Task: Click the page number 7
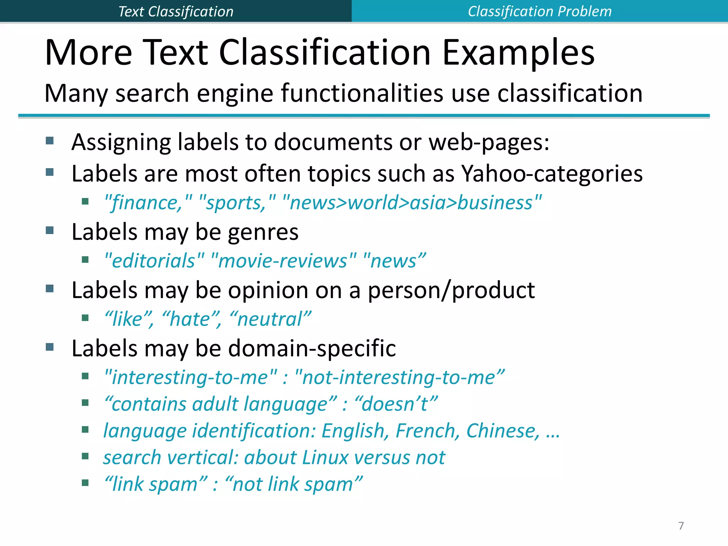(x=681, y=525)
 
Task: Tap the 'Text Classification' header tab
(x=176, y=11)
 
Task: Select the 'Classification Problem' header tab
(x=540, y=11)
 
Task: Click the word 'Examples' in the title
(x=518, y=53)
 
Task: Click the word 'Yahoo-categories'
(x=552, y=174)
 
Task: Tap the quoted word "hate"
(x=190, y=319)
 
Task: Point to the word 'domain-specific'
(x=312, y=348)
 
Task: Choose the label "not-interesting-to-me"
(x=400, y=377)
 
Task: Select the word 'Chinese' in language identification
(x=503, y=431)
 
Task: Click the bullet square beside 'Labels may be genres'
(x=50, y=230)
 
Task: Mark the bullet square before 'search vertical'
(x=85, y=456)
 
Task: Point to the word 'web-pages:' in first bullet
(x=489, y=142)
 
